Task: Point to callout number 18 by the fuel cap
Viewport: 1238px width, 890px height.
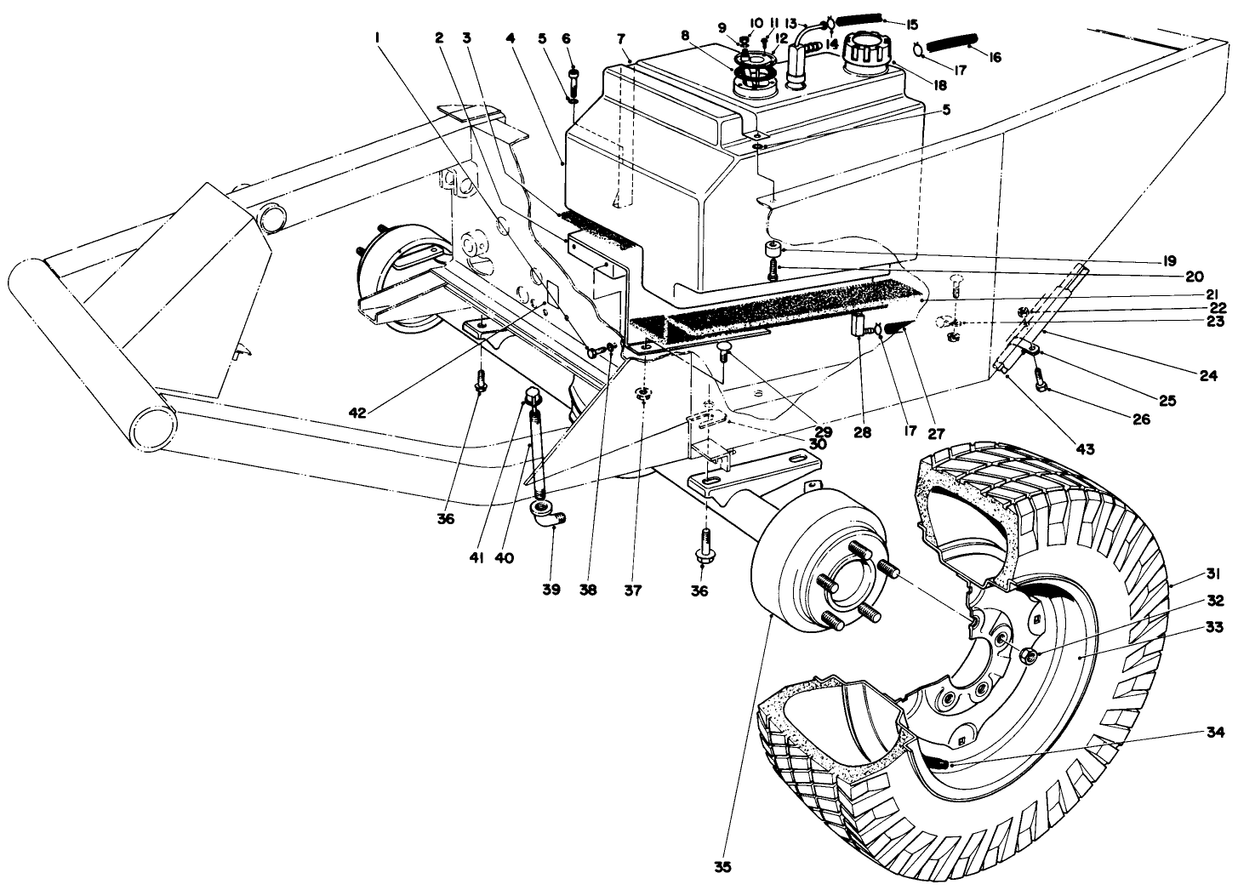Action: (x=940, y=84)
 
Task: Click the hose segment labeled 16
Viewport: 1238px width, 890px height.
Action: (x=952, y=42)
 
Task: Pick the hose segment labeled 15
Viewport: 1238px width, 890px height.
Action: (x=859, y=20)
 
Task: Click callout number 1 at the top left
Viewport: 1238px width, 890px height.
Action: (x=376, y=38)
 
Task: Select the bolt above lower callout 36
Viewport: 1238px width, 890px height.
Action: (x=704, y=543)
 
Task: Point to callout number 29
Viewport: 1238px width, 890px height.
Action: (x=823, y=432)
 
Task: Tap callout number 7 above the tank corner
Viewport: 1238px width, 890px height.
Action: (x=621, y=40)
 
